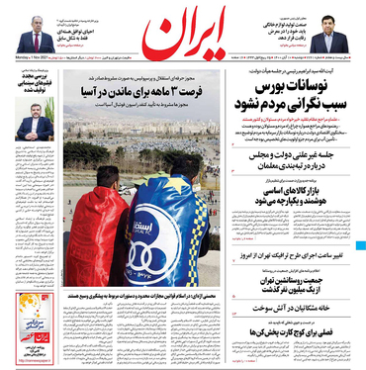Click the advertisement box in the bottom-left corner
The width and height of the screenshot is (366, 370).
coord(31,336)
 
